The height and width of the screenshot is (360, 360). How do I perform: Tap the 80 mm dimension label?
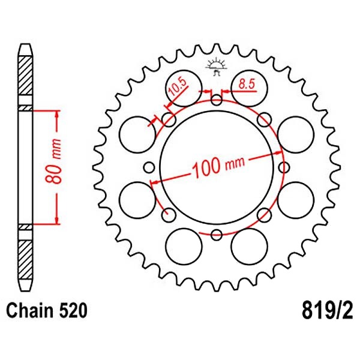click(54, 161)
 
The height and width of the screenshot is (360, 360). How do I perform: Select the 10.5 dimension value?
click(178, 87)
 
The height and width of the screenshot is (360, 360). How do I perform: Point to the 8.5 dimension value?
click(247, 84)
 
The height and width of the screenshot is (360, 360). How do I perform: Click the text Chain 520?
click(47, 310)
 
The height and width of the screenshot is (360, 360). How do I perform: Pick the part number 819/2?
click(327, 311)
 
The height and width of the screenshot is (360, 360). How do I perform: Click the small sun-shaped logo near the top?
click(217, 67)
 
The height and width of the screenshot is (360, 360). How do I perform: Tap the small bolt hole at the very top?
click(217, 100)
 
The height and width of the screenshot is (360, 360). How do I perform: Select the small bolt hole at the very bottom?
click(217, 235)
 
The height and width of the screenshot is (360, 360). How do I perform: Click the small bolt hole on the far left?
click(149, 167)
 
